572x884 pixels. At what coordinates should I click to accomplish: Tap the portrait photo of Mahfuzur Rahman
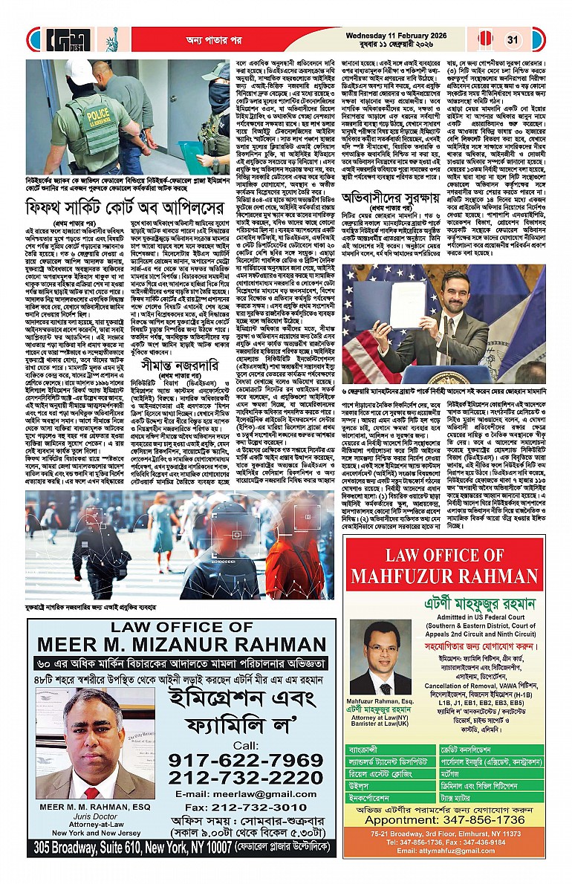pyautogui.click(x=369, y=659)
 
